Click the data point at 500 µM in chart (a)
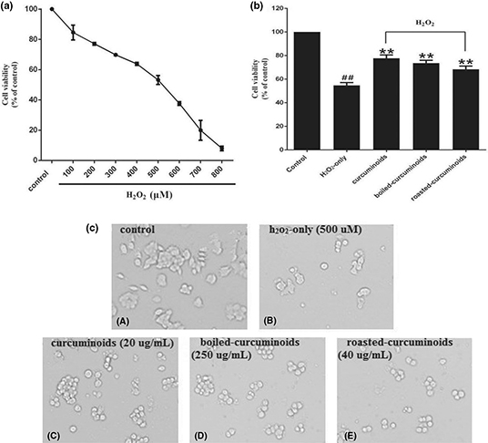[x=158, y=80]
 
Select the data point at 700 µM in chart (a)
[x=200, y=131]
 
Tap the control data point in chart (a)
[x=53, y=9]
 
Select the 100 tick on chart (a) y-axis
[x=32, y=9]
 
